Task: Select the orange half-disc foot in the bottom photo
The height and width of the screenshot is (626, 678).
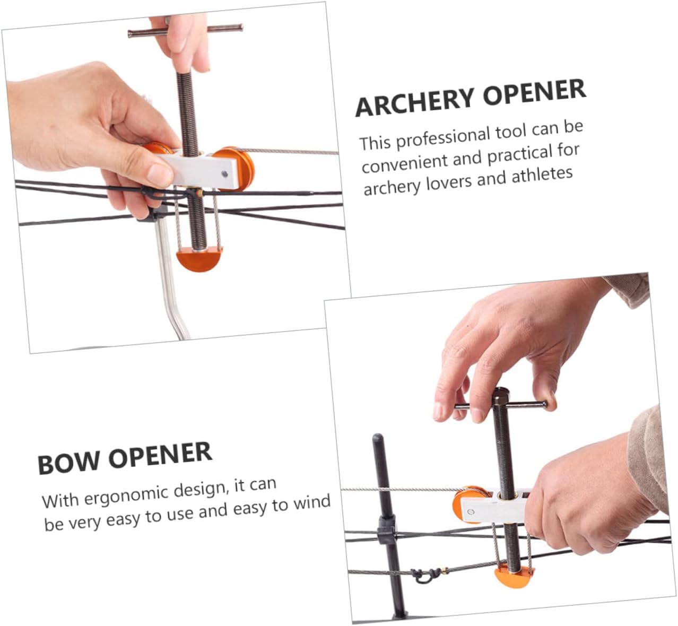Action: (x=514, y=576)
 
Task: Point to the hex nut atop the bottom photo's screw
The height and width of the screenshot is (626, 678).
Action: (x=501, y=395)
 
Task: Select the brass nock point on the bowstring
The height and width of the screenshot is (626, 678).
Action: (x=441, y=572)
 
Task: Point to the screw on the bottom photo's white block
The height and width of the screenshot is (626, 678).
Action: (x=469, y=512)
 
